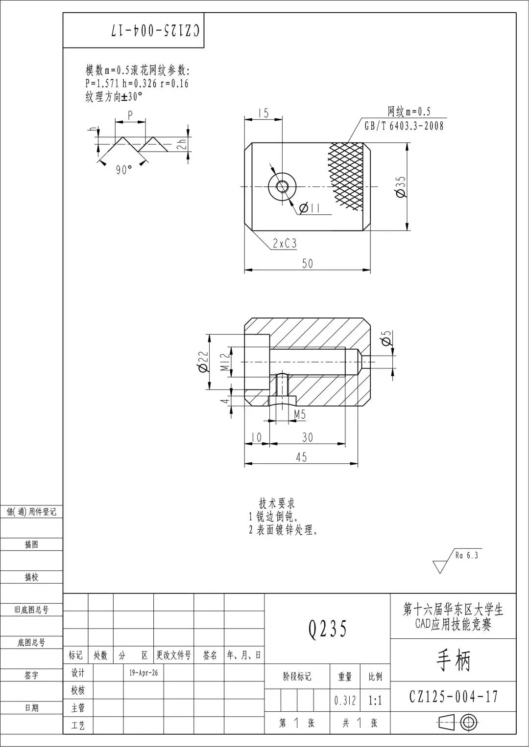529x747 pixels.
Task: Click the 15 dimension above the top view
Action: (264, 113)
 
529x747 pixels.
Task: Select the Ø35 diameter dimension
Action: (401, 187)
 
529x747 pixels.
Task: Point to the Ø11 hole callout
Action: (310, 208)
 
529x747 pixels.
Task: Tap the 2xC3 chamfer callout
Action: (285, 244)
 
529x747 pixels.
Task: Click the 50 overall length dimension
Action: (308, 264)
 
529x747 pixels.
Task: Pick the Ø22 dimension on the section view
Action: (203, 362)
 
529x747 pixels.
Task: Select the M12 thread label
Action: (226, 362)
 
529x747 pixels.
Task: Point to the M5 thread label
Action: (300, 414)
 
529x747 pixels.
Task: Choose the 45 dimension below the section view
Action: (301, 457)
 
